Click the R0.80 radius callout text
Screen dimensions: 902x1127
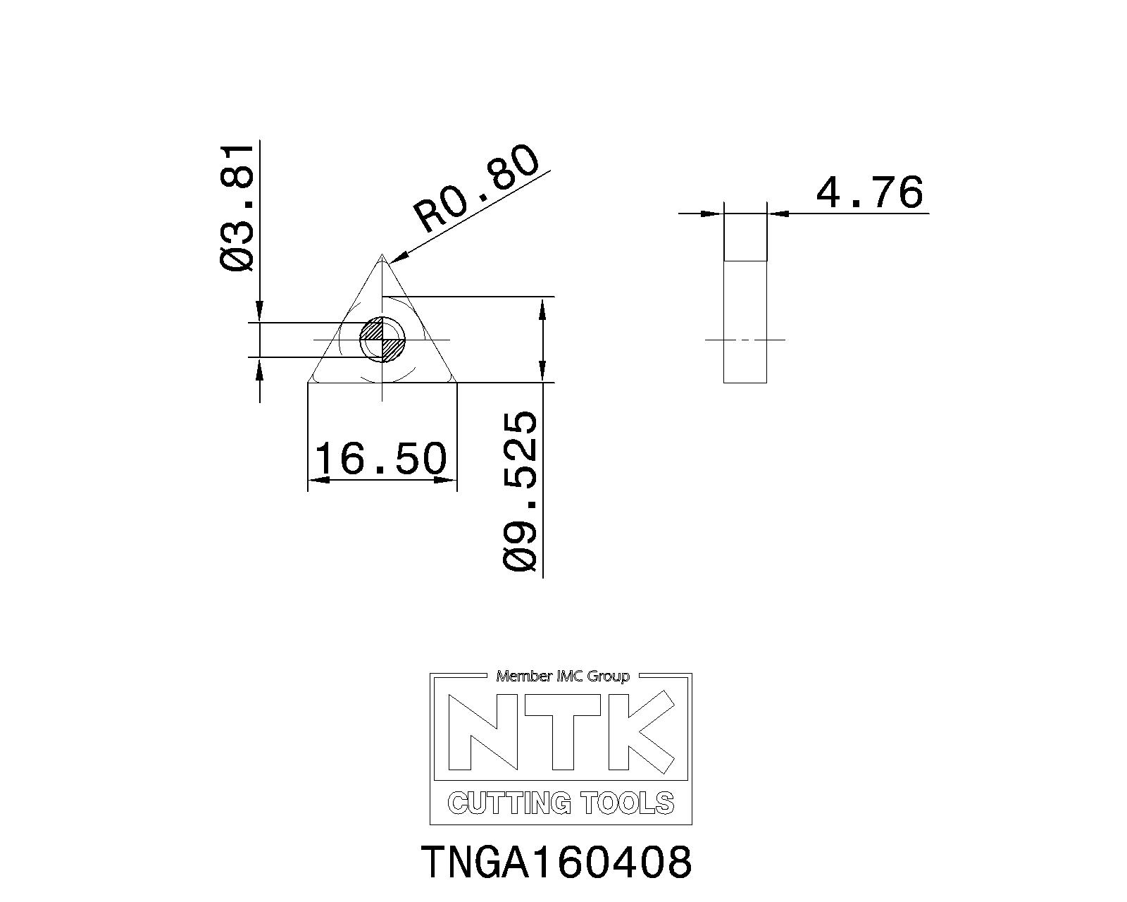tap(477, 188)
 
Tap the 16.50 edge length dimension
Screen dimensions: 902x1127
tap(381, 458)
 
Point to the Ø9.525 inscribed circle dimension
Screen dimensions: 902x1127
tap(522, 491)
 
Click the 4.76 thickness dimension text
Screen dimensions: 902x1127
tap(869, 192)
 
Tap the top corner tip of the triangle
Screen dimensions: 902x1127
tap(382, 257)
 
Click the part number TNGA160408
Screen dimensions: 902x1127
tap(556, 862)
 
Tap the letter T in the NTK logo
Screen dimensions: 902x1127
tap(563, 731)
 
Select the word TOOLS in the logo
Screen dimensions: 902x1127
tap(627, 803)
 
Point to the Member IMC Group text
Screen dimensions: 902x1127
tap(562, 676)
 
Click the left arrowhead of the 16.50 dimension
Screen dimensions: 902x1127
tap(318, 480)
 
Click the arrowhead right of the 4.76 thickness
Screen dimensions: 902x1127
tap(776, 213)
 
